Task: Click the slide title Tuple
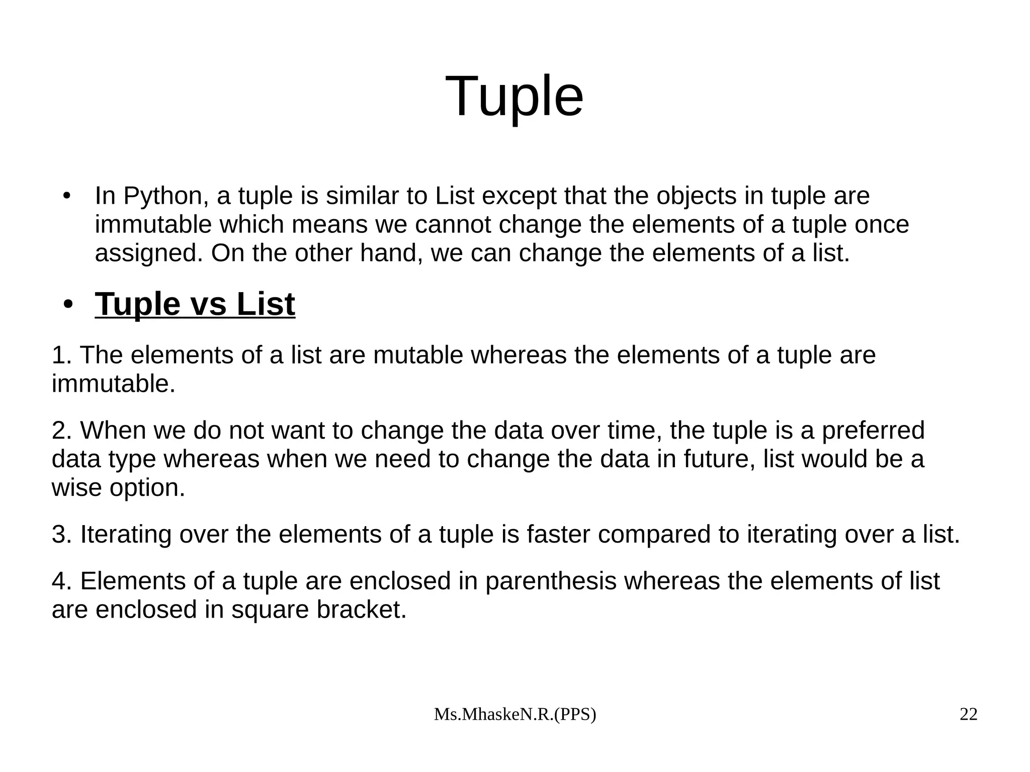point(514,96)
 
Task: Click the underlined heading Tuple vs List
point(195,304)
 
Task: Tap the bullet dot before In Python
point(66,196)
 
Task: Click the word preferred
point(873,431)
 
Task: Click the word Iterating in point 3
point(126,535)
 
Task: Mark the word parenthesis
point(551,581)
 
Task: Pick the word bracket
point(361,610)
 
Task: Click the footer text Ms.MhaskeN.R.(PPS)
point(514,715)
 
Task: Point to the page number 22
point(968,715)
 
